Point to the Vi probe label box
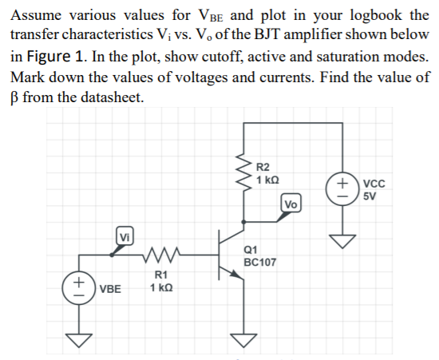coord(125,236)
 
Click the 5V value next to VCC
coord(370,196)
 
